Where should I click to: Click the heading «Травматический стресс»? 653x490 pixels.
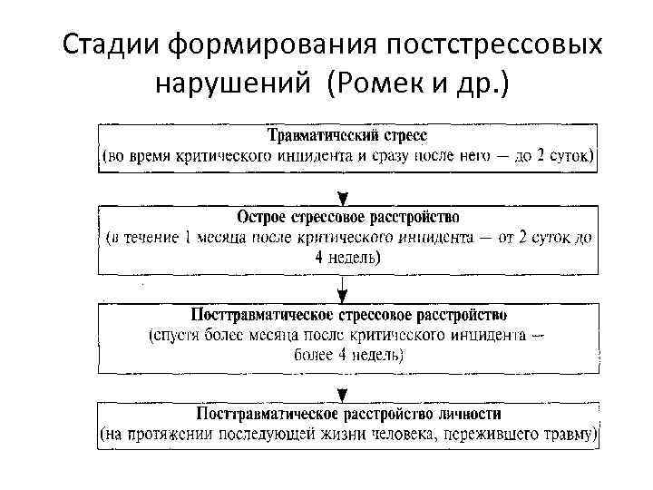pyautogui.click(x=347, y=136)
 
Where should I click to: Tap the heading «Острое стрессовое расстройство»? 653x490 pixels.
pyautogui.click(x=347, y=218)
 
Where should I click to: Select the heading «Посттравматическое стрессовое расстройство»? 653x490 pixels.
pyautogui.click(x=349, y=315)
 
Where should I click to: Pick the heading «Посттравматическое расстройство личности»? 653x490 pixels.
pyautogui.click(x=348, y=414)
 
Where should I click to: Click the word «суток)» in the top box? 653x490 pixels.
pyautogui.click(x=570, y=156)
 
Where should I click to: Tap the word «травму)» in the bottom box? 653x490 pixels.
pyautogui.click(x=568, y=435)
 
